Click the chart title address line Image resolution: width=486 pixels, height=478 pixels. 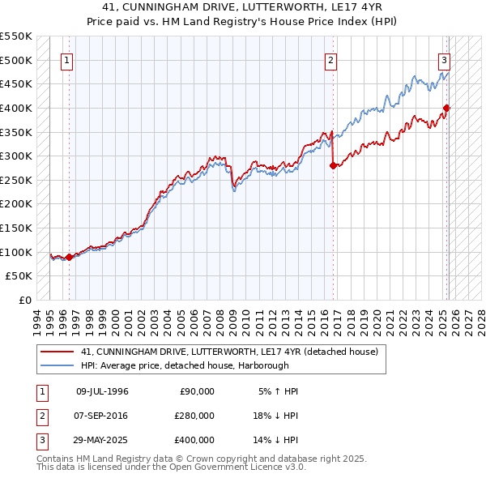coord(243,7)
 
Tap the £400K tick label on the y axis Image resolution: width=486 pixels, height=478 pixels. coord(17,108)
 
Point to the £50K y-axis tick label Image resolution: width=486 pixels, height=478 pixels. coord(19,276)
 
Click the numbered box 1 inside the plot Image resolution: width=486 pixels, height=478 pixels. coord(66,59)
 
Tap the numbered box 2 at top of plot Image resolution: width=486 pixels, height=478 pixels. coord(331,59)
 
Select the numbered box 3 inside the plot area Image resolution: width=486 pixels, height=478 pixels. coord(445,59)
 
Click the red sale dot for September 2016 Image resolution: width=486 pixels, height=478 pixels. coord(333,165)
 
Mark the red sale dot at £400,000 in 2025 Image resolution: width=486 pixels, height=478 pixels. coord(446,108)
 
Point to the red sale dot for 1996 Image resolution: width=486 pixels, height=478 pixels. coord(69,257)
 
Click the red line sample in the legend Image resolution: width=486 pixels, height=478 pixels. coord(58,352)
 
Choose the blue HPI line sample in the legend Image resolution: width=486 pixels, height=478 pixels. coord(58,365)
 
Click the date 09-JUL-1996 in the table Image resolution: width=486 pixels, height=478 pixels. coord(102,391)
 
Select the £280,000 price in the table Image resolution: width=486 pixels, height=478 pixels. coord(194,416)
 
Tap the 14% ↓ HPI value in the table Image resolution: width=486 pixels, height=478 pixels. coord(275,440)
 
